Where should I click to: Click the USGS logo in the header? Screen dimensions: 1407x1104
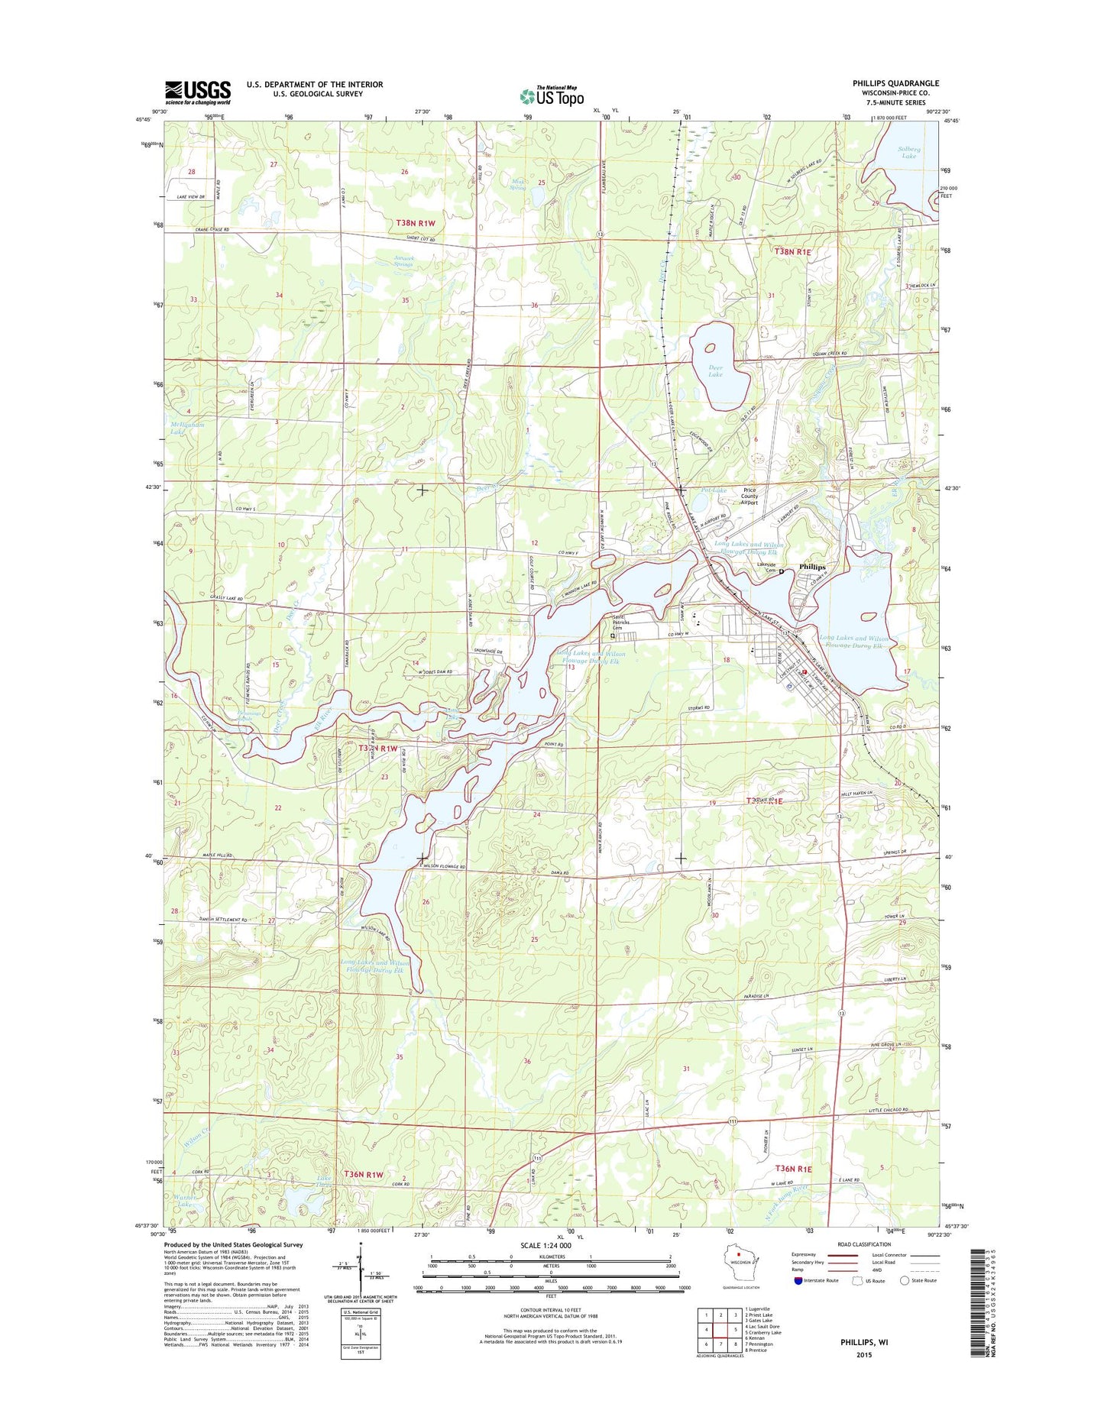(x=197, y=92)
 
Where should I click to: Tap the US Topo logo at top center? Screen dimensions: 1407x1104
(x=552, y=96)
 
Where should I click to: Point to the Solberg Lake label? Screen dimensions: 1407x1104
(x=908, y=152)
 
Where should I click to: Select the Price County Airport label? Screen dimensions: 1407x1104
(x=749, y=496)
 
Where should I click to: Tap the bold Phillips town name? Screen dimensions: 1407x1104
(x=812, y=567)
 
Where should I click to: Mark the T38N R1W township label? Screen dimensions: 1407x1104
(x=416, y=223)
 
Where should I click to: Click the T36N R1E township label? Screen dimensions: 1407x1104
(x=794, y=1169)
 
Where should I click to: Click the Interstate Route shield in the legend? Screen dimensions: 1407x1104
(x=798, y=1280)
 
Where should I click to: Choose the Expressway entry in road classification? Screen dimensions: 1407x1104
(x=804, y=1255)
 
